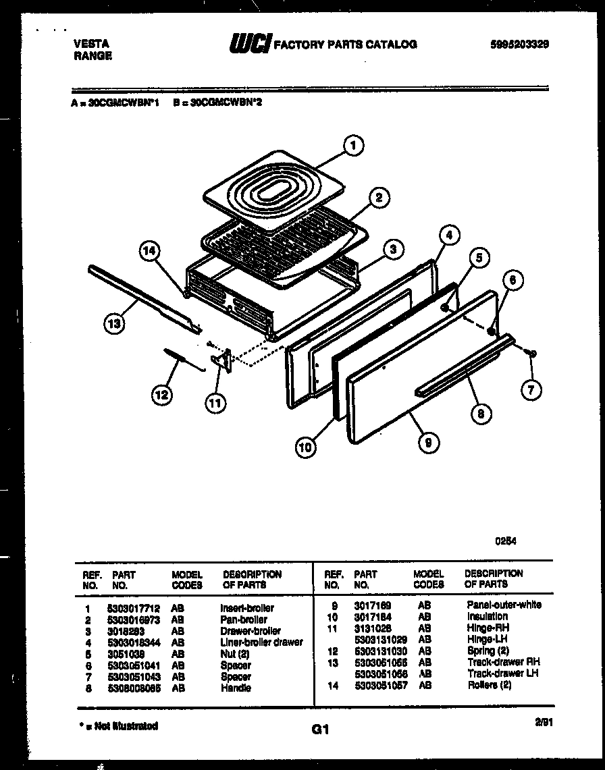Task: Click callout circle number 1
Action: coord(352,145)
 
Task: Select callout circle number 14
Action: coord(150,251)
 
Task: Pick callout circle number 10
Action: coord(307,446)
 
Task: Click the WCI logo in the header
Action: coord(250,45)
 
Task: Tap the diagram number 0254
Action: coord(506,540)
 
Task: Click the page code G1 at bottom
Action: coord(319,730)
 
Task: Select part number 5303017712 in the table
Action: coord(133,607)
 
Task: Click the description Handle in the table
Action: coord(235,688)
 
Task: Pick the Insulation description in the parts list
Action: coord(487,616)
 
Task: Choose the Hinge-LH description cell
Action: coord(487,638)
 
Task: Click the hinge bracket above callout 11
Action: coord(223,360)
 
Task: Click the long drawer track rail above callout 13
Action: coord(142,298)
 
